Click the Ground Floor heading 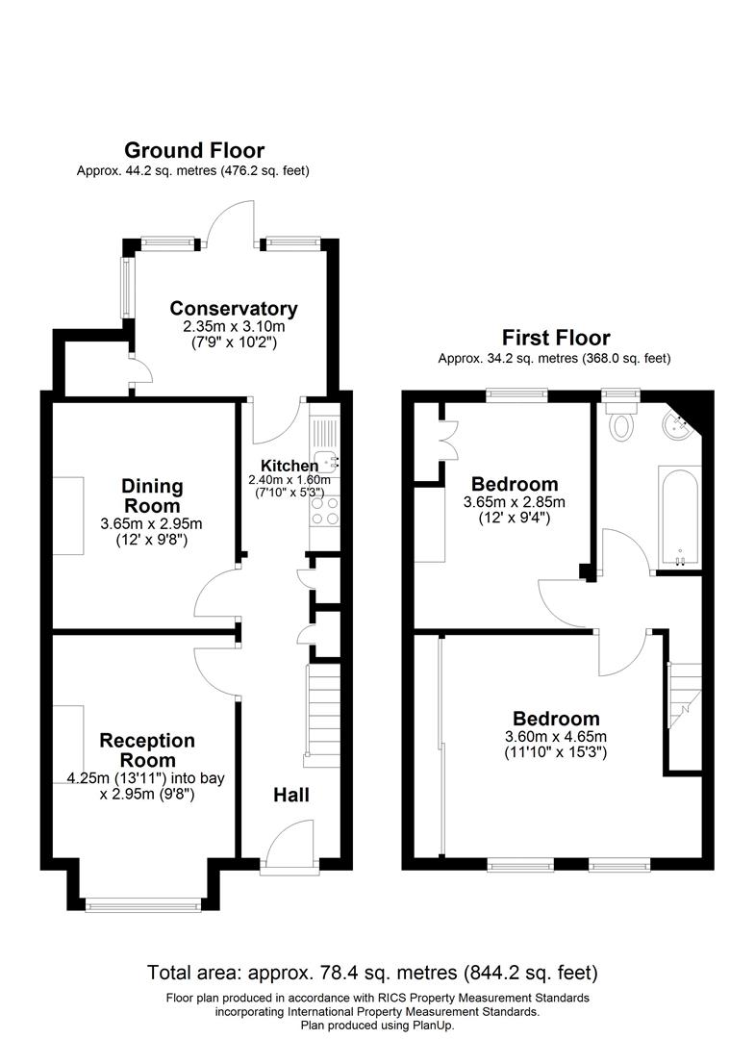(x=193, y=150)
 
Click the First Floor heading (x=555, y=338)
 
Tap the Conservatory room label (x=234, y=309)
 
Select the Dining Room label (x=152, y=496)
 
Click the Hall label (x=290, y=795)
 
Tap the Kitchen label (x=283, y=466)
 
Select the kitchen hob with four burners (x=324, y=511)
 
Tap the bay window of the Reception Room (x=143, y=904)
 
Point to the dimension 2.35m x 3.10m (x=234, y=327)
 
